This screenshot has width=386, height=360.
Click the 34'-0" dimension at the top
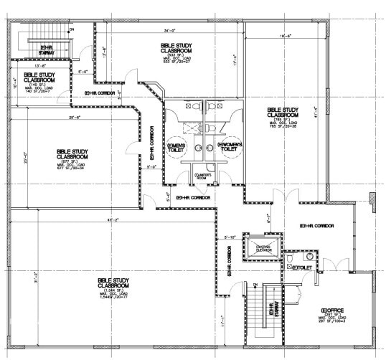[169, 31]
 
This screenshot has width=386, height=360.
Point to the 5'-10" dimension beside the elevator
[230, 237]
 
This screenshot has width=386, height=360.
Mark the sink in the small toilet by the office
[310, 255]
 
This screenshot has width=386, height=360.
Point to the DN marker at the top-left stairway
[71, 29]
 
